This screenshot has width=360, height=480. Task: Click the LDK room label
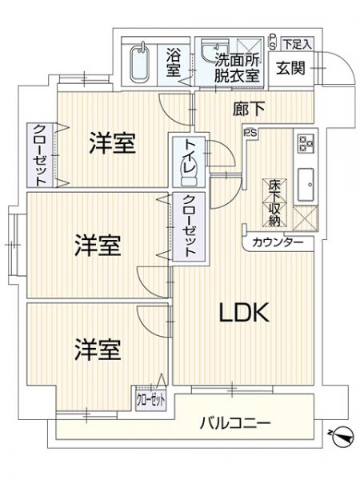coord(244,313)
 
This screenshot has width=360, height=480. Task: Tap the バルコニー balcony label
coord(235,423)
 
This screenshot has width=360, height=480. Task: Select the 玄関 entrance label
coord(291,68)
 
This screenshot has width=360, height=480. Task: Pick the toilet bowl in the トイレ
coord(188,176)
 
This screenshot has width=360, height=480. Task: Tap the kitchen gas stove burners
coord(306,143)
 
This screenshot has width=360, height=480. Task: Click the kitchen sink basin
coord(306,184)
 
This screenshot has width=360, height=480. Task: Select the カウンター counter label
coord(278,242)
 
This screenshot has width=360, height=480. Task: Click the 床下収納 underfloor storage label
coord(274,202)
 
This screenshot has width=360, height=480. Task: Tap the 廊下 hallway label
coord(249,109)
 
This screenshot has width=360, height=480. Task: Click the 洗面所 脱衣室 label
coord(238,68)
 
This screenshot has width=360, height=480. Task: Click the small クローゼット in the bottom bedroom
coord(150,399)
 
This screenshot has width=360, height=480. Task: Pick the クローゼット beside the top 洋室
coord(40,155)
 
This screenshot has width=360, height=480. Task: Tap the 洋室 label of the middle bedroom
coord(98,246)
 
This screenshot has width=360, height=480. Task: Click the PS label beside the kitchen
coord(250,133)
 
